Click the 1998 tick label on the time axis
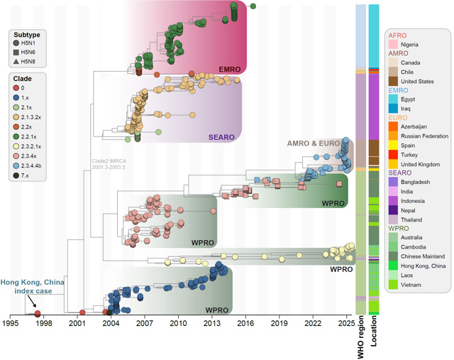[x=44, y=323]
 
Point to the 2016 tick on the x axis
[x=245, y=323]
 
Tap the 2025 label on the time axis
[x=346, y=323]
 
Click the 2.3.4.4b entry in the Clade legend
[x=16, y=165]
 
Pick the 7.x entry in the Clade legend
[x=16, y=175]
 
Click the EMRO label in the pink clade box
[x=229, y=68]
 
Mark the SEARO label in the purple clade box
[x=222, y=137]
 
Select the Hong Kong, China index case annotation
[x=32, y=288]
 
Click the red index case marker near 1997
[x=38, y=313]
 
